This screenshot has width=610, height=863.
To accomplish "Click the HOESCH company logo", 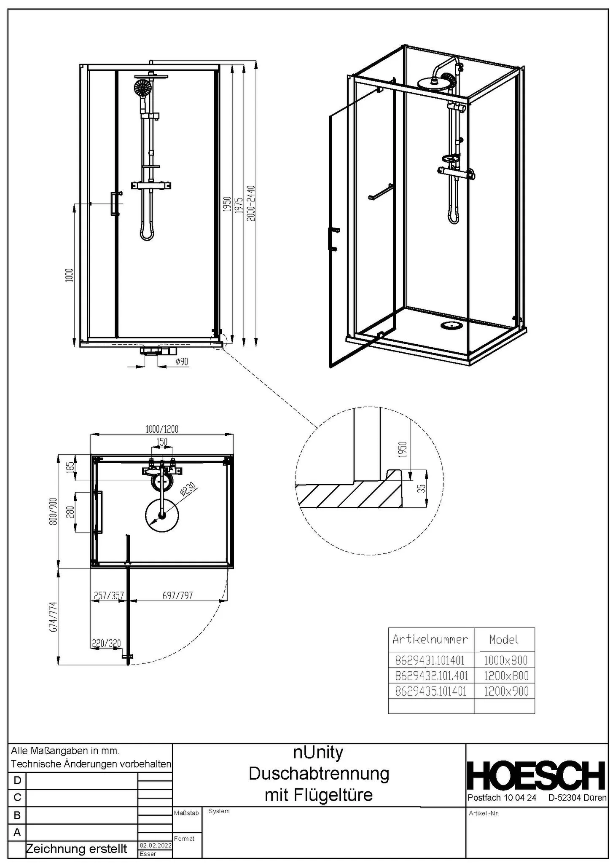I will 537,776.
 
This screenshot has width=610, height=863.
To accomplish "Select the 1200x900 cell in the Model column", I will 505,691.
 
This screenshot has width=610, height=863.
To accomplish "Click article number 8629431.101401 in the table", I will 430,660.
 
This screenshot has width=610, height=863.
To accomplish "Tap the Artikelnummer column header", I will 430,639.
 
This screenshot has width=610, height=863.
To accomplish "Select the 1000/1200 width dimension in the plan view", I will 162,429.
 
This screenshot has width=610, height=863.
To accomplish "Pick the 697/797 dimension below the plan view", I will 177,595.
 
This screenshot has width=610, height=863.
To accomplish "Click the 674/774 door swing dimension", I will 53,616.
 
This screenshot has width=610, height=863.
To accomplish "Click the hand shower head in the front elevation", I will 142,88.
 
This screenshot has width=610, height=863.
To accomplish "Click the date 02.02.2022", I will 155,845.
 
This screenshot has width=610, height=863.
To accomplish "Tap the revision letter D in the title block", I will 17,780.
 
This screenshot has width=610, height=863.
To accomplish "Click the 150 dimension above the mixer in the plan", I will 162,442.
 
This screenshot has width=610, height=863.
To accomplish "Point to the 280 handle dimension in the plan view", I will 70,512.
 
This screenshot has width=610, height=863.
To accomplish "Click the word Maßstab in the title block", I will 186,813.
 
